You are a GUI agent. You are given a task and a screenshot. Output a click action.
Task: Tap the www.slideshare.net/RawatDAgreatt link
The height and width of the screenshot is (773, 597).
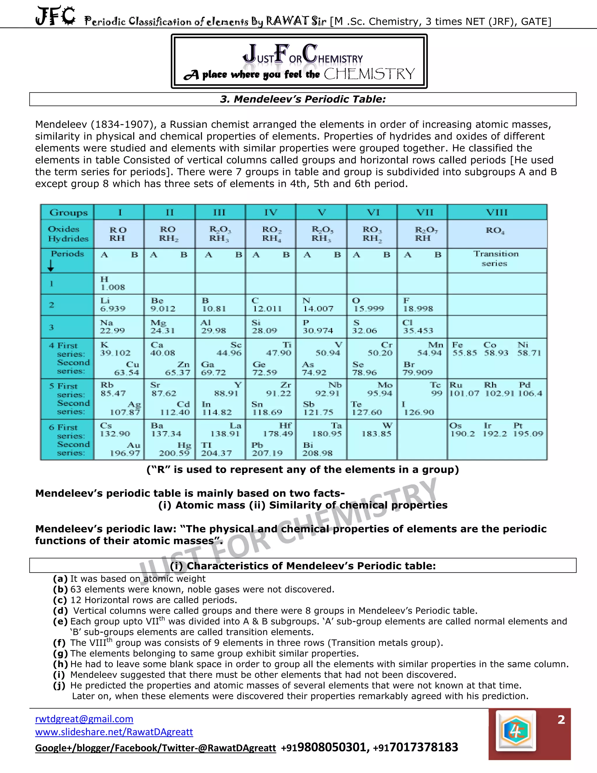114,732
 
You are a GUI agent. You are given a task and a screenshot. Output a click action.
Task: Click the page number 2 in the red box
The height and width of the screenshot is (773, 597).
561,720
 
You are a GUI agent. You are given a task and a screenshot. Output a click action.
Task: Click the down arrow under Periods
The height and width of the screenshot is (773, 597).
51,265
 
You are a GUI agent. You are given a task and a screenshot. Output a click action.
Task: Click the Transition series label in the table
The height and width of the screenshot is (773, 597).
496,258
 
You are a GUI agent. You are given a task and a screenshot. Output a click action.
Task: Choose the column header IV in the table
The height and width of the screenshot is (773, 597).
271,212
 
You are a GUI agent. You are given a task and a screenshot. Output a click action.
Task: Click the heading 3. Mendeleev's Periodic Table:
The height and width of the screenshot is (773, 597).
303,99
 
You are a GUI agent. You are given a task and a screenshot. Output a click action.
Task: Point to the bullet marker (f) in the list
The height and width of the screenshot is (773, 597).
60,643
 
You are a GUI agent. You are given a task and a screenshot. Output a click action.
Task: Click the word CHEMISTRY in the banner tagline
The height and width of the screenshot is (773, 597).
369,74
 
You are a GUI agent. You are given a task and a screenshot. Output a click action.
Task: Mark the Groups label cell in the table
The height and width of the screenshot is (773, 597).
68,212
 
